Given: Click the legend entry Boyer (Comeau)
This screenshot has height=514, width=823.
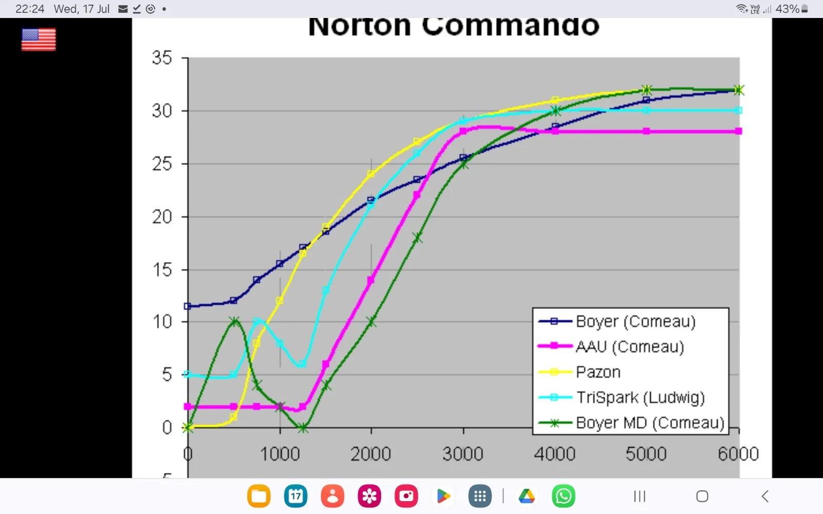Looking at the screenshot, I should pyautogui.click(x=635, y=322).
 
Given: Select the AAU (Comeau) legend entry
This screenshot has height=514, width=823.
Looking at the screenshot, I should pyautogui.click(x=630, y=347).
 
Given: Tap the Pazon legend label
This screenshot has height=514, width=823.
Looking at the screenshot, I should pyautogui.click(x=598, y=372).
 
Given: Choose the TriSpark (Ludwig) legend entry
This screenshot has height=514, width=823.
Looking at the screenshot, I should pyautogui.click(x=640, y=397).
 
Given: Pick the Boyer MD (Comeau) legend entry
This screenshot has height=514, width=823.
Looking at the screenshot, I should pyautogui.click(x=650, y=423).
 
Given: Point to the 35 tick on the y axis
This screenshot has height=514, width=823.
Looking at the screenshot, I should pyautogui.click(x=162, y=58).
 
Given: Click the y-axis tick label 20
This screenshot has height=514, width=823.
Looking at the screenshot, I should pyautogui.click(x=162, y=217).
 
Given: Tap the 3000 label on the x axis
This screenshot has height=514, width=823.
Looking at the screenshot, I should pyautogui.click(x=463, y=454).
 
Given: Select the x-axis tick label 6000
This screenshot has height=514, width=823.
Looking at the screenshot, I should pyautogui.click(x=738, y=454).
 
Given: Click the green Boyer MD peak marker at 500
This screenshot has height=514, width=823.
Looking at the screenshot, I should pyautogui.click(x=235, y=321).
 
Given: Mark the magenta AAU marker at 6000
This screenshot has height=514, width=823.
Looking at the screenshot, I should pyautogui.click(x=739, y=132).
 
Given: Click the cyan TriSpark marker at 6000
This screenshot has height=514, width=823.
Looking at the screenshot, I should pyautogui.click(x=739, y=111).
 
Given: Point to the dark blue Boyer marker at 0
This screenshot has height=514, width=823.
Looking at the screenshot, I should pyautogui.click(x=188, y=306).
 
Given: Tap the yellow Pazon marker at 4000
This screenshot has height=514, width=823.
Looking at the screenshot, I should pyautogui.click(x=555, y=100).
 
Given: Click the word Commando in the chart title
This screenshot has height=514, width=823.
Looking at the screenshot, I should pyautogui.click(x=510, y=27).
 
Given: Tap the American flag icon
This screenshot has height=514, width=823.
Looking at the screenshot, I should pyautogui.click(x=39, y=40).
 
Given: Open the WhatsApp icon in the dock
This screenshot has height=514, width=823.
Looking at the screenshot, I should pyautogui.click(x=563, y=496).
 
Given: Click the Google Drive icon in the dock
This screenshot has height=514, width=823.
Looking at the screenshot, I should pyautogui.click(x=527, y=496).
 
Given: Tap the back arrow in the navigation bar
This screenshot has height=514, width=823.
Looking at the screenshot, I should pyautogui.click(x=765, y=496).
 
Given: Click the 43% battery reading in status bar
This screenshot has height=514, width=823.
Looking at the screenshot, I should pyautogui.click(x=787, y=9).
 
